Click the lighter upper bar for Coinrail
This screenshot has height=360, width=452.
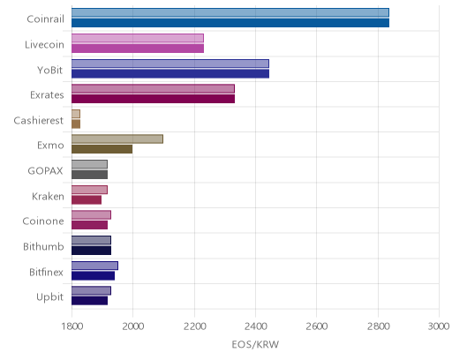(230, 12)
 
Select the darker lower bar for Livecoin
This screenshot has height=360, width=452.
(138, 49)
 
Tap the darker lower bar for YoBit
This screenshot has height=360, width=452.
(170, 73)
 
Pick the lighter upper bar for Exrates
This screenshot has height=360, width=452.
(153, 88)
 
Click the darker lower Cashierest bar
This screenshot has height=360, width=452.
(76, 124)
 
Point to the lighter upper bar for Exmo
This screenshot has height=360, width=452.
(117, 139)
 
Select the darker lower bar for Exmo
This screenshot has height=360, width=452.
(102, 149)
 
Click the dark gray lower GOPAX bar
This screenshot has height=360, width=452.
(90, 175)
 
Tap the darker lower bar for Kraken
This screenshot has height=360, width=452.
(87, 199)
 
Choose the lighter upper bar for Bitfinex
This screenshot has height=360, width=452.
(94, 266)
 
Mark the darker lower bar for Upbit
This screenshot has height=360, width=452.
(90, 301)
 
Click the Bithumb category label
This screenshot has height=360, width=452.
(43, 246)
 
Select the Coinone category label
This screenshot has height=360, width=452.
(43, 221)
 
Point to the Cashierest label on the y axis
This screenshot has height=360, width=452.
(39, 120)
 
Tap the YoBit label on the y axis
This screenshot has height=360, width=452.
(50, 70)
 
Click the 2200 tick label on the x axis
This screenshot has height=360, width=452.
(194, 326)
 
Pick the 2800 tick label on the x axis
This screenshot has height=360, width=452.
(379, 326)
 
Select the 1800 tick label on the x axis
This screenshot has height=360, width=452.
(72, 326)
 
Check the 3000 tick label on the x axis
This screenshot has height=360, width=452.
(439, 326)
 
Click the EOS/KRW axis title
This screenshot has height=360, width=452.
(255, 344)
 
